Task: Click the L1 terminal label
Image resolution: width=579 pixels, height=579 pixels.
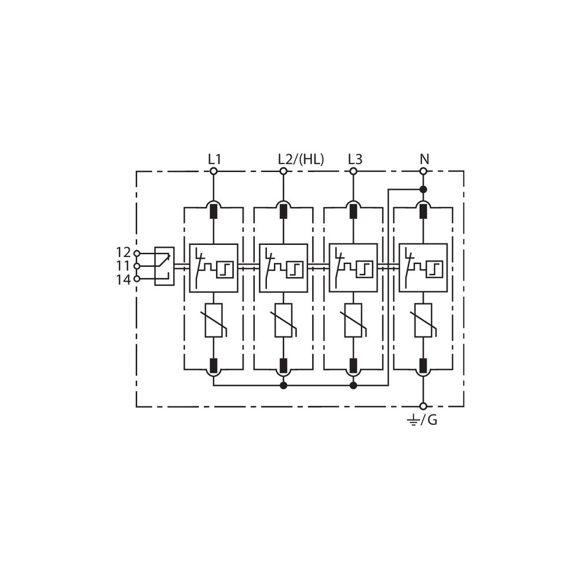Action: click(x=214, y=159)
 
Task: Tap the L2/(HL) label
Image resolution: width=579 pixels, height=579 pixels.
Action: click(x=301, y=159)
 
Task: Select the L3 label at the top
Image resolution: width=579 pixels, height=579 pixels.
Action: click(x=356, y=159)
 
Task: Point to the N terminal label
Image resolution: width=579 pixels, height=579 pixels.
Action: click(x=424, y=159)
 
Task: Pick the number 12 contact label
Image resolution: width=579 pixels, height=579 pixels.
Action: click(x=124, y=252)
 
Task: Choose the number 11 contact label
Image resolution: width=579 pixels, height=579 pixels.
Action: click(x=124, y=266)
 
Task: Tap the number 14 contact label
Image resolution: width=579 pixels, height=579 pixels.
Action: click(x=124, y=280)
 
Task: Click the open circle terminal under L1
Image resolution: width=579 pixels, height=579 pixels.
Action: click(x=214, y=171)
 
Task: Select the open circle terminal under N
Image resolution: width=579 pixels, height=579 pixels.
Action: click(x=424, y=171)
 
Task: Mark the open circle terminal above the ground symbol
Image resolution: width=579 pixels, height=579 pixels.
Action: click(x=424, y=406)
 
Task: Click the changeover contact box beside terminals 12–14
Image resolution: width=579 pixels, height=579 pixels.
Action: click(x=164, y=266)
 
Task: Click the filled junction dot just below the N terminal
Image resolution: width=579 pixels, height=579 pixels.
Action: click(x=424, y=189)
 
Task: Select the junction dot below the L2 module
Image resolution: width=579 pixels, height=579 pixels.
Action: click(x=283, y=386)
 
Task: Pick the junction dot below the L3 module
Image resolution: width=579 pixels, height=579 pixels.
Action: click(x=353, y=386)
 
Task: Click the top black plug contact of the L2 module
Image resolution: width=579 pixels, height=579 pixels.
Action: click(x=283, y=211)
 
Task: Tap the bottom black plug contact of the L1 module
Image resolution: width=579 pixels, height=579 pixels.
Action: click(x=214, y=365)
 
